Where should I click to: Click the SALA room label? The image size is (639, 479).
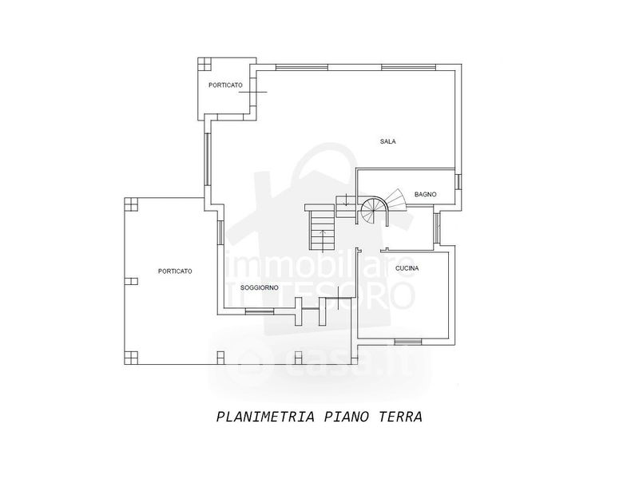coord(388,141)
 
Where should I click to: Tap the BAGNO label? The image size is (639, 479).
coord(426,194)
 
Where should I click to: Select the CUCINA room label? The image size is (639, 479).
coord(407,268)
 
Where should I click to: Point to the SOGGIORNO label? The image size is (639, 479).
coord(260,287)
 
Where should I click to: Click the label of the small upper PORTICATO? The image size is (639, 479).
coord(225,85)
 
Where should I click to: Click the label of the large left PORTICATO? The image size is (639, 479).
coord(175,271)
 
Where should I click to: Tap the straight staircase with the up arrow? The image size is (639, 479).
coord(323,230)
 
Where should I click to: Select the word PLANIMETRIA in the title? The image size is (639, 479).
coord(266,417)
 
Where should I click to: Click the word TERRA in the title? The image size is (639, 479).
coord(401,417)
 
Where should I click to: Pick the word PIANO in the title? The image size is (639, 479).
coord(347,417)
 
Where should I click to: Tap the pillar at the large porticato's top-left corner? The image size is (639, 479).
coord(131,204)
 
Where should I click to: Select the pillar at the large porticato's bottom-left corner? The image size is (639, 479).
coord(131,358)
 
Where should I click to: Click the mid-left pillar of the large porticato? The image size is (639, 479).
coord(131,281)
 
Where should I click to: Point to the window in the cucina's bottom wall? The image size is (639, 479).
coord(407,342)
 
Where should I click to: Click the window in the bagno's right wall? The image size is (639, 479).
coord(458,181)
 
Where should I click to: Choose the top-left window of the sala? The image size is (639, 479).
coord(302,67)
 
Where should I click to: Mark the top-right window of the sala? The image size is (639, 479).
coord(409,67)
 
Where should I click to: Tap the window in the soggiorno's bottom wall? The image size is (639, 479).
coord(260,311)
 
